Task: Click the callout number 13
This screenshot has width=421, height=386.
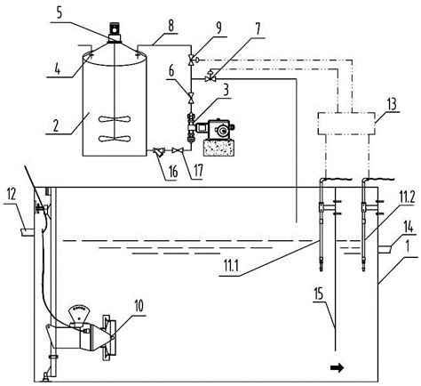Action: coord(392,105)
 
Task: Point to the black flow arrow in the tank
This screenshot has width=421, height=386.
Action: coord(338,368)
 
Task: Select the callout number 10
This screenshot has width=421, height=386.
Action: coord(139,306)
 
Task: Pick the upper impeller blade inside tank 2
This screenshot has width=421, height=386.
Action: coord(115,119)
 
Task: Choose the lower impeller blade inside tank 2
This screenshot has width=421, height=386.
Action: coord(115,138)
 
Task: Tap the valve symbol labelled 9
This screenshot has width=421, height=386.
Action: coord(191,60)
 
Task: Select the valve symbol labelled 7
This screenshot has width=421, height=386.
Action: coord(210,78)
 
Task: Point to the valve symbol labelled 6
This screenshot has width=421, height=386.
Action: coord(191,97)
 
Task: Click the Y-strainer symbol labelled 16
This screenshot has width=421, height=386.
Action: coord(158,152)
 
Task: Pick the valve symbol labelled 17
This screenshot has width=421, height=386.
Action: coord(177,150)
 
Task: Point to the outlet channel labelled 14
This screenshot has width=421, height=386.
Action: coord(385,249)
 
